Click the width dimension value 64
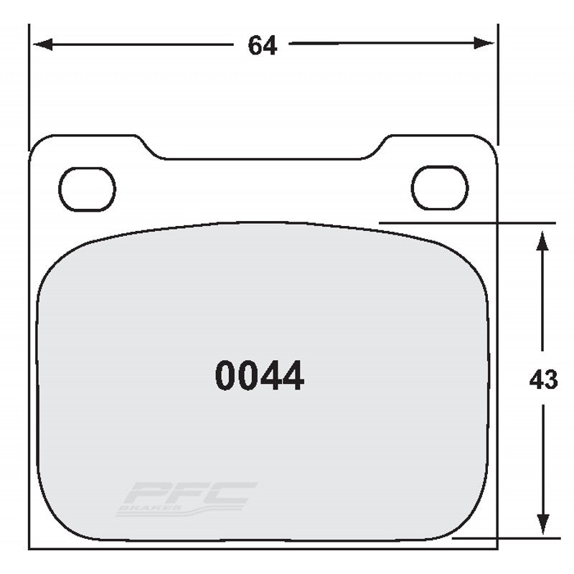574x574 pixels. (x=263, y=44)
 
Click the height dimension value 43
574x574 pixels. (x=542, y=380)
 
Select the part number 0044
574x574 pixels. (x=259, y=376)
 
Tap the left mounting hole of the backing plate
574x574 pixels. (x=87, y=189)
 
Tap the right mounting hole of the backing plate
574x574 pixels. (x=439, y=188)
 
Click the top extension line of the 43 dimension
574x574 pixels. (x=466, y=223)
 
